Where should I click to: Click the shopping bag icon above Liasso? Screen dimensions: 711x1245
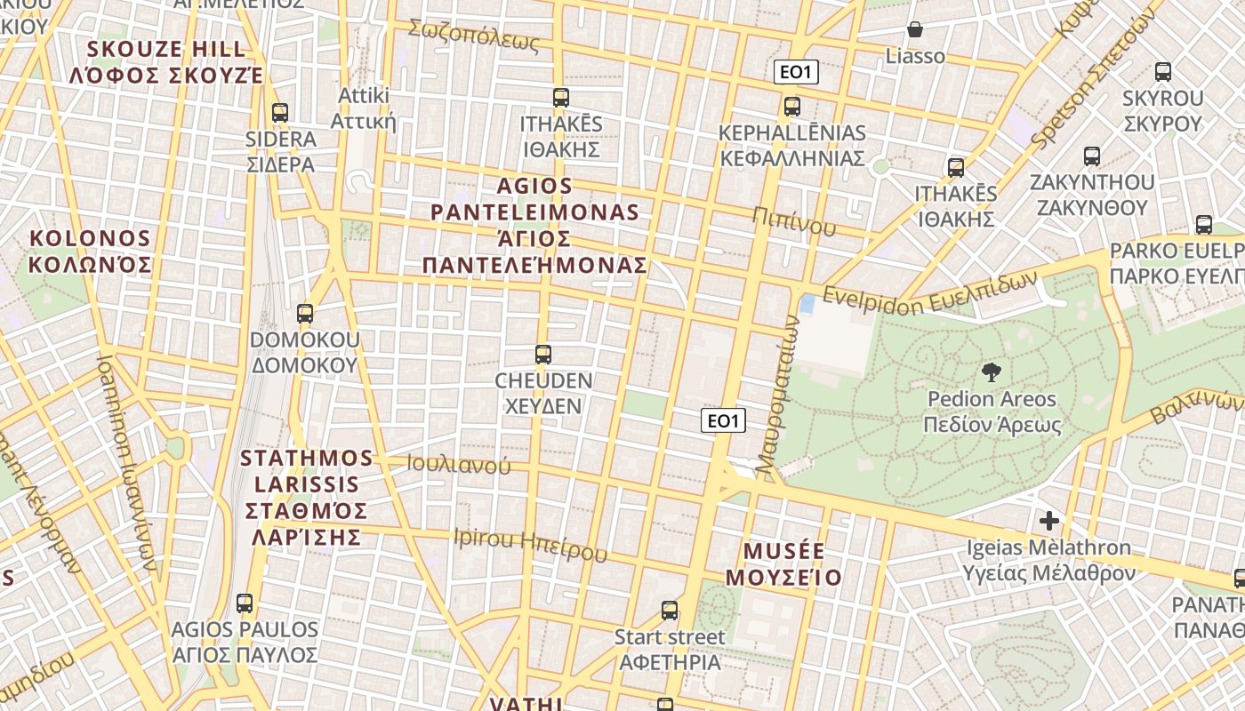tap(915, 29)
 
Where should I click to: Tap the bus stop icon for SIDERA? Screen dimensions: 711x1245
tap(280, 113)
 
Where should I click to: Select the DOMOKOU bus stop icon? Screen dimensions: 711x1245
tap(305, 314)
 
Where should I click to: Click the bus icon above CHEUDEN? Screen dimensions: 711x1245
tap(543, 355)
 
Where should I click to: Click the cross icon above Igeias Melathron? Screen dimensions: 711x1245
tap(1049, 520)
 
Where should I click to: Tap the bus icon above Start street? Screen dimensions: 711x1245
tap(670, 611)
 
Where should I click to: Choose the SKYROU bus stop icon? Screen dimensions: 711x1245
tap(1162, 72)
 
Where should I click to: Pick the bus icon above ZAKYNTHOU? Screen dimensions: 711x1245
tap(1092, 156)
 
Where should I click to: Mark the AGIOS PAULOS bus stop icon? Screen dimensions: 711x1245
tap(245, 603)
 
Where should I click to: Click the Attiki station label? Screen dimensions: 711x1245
tap(363, 108)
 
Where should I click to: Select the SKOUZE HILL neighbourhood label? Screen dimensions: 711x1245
tap(166, 61)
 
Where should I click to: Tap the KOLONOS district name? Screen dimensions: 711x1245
tap(90, 252)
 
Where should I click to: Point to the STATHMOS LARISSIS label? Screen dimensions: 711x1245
tap(307, 497)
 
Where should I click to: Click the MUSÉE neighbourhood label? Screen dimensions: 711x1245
tap(783, 564)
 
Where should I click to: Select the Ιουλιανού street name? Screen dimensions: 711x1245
tap(459, 464)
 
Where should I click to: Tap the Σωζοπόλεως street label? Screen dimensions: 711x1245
tap(474, 35)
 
